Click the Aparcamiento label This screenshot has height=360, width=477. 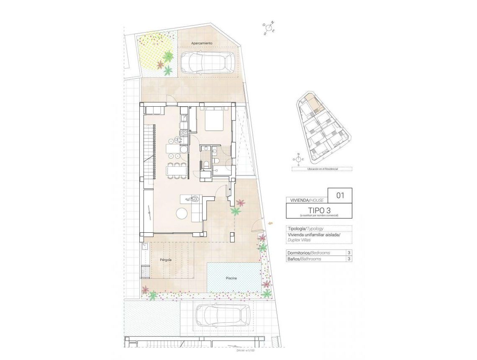coord(202,44)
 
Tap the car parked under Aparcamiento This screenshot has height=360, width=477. coord(207,62)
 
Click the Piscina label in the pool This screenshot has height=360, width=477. coord(231,278)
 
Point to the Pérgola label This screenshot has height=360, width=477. coord(166,260)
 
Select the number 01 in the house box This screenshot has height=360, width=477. coord(340,195)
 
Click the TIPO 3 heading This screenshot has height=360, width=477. coord(319,210)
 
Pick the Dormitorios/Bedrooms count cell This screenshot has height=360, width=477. coord(348,253)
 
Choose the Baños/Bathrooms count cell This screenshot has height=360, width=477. coord(348,259)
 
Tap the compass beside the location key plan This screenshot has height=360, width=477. coord(298,159)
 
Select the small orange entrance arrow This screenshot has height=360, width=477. coord(272,224)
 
